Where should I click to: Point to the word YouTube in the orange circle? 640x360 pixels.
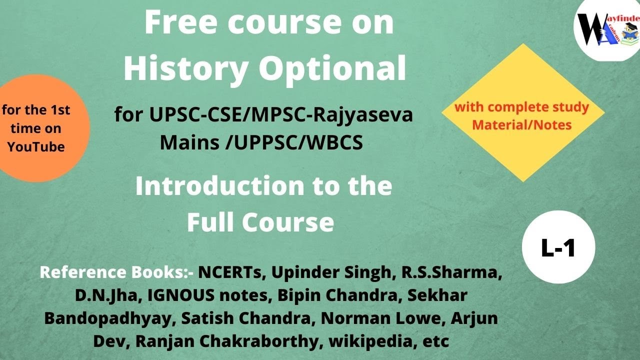click(x=36, y=147)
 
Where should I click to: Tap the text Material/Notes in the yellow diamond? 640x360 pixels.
click(x=522, y=124)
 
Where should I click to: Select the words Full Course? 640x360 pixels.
click(x=260, y=222)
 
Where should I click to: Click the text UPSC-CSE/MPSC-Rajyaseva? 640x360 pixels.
click(x=281, y=116)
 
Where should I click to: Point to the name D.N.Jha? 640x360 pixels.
click(x=108, y=295)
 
